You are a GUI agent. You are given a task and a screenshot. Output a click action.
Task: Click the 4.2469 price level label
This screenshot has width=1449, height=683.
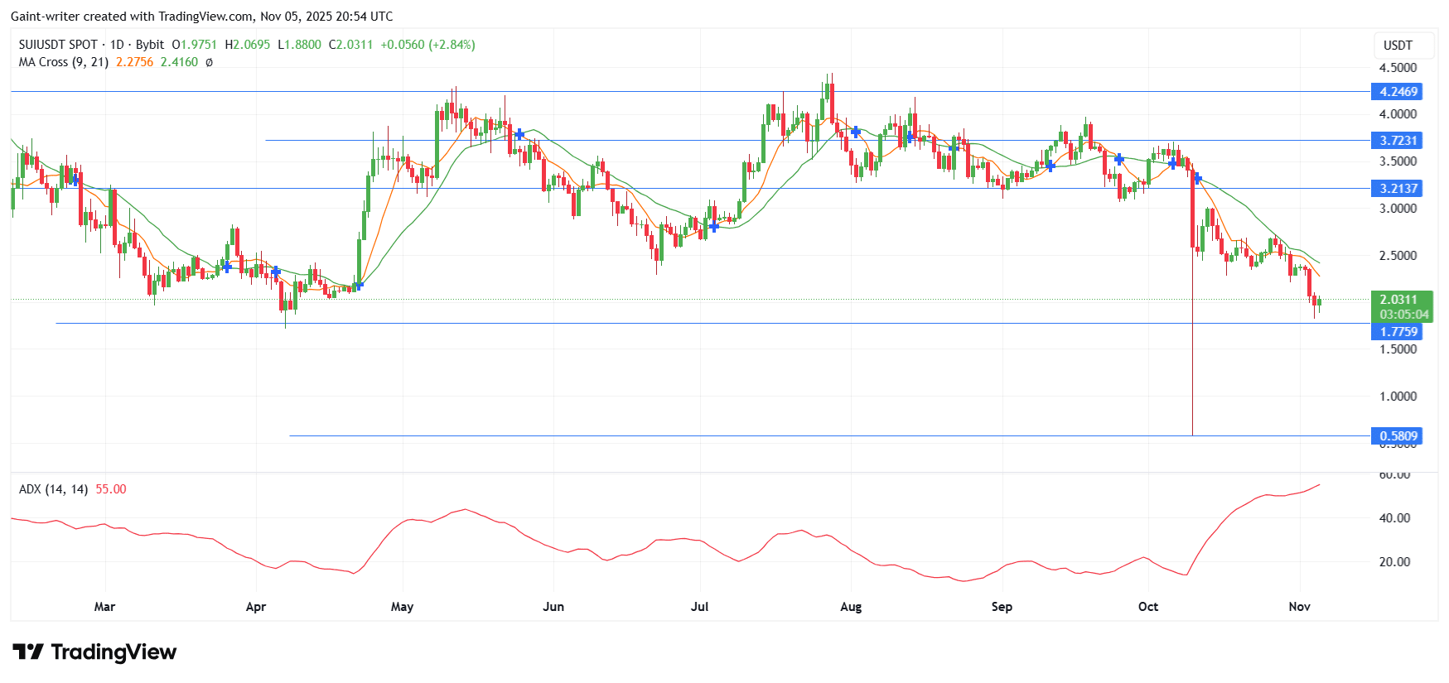coord(1398,92)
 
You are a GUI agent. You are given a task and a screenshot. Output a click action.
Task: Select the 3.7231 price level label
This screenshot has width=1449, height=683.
coord(1398,141)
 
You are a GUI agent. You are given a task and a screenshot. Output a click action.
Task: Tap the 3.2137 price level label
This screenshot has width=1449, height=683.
coord(1398,189)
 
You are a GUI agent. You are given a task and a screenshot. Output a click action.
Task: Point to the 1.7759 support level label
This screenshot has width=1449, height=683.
coord(1398,332)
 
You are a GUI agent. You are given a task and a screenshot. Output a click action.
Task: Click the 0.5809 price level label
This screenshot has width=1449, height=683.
coord(1398,436)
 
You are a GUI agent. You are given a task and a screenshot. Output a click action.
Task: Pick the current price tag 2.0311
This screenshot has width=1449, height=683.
coord(1398,300)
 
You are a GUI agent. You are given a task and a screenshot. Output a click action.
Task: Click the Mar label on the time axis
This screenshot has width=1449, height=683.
coord(104,607)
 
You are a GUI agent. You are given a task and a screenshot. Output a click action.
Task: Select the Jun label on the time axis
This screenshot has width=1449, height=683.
coord(553,607)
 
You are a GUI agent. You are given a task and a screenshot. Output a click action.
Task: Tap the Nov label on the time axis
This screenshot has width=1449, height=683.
coord(1300,607)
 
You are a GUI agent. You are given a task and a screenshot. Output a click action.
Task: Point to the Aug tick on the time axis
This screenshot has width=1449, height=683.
coord(851,607)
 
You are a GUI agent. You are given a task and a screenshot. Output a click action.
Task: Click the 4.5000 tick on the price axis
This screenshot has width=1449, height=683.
coord(1398,68)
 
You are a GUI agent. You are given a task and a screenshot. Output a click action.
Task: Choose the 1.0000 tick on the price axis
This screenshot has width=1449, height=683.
coord(1398,397)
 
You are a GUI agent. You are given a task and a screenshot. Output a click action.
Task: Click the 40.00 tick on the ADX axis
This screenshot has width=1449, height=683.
coord(1394,518)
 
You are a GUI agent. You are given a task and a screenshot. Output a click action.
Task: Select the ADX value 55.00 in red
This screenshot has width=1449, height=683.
coord(111,489)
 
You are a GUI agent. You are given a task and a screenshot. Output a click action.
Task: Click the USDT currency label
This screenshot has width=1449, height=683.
coord(1398,46)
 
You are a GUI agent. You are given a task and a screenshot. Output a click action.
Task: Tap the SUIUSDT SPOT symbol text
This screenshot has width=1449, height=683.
coord(58,45)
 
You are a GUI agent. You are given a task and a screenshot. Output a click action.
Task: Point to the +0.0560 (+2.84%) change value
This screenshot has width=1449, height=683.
coord(427,45)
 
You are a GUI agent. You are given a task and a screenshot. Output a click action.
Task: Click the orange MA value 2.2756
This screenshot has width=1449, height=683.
coord(134,62)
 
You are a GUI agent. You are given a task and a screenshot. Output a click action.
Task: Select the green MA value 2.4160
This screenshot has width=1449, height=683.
coord(179,62)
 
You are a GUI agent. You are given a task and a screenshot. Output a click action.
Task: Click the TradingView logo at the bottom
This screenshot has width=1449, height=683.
coord(94,652)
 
